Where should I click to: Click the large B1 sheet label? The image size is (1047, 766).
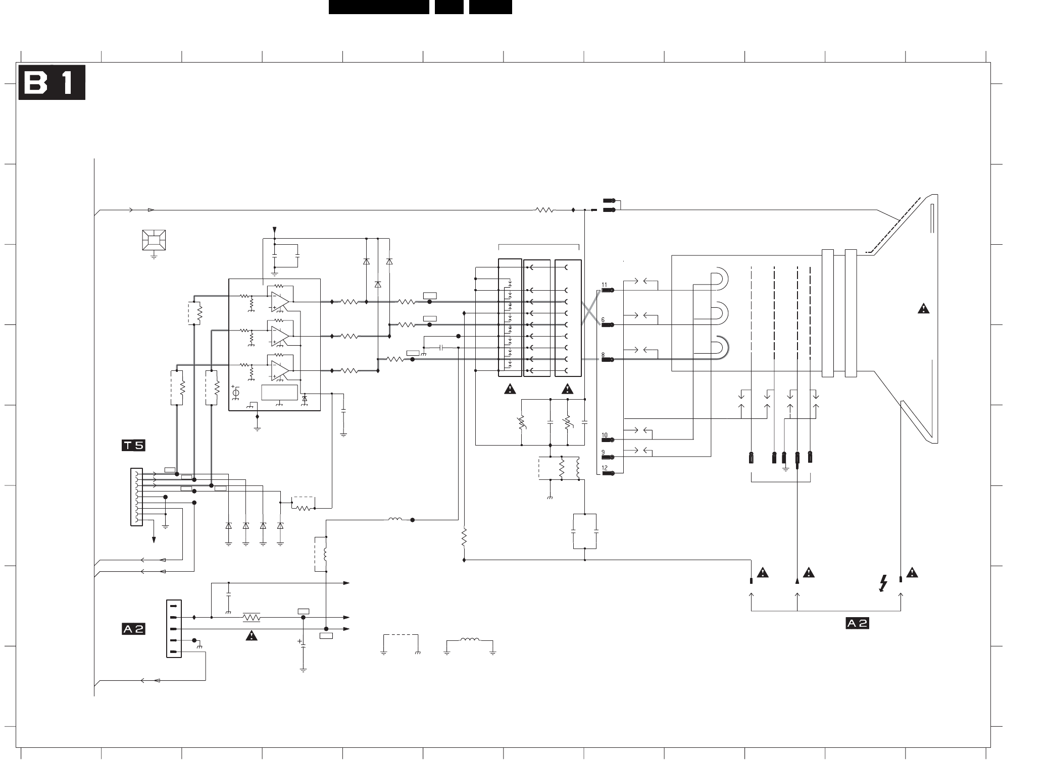(52, 82)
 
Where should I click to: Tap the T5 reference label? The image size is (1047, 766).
(133, 446)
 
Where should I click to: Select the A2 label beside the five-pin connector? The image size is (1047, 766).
(133, 629)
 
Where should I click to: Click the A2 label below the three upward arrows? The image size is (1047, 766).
(857, 623)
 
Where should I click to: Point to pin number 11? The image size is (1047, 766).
(604, 285)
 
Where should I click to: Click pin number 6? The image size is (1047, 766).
(603, 320)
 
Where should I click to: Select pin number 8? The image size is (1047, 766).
(603, 355)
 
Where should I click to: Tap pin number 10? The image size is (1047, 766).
(604, 435)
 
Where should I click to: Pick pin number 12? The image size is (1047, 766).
(604, 468)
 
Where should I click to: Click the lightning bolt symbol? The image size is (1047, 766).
(883, 583)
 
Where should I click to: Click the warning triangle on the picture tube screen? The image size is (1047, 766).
(923, 309)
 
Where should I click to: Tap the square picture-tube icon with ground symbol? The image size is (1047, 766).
(154, 240)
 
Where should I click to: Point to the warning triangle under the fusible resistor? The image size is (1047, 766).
(251, 636)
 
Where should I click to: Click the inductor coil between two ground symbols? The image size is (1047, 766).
(470, 640)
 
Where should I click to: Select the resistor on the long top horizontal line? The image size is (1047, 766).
(545, 210)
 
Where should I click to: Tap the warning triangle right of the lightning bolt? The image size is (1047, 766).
(912, 573)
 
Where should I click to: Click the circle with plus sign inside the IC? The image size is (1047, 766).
(235, 393)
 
